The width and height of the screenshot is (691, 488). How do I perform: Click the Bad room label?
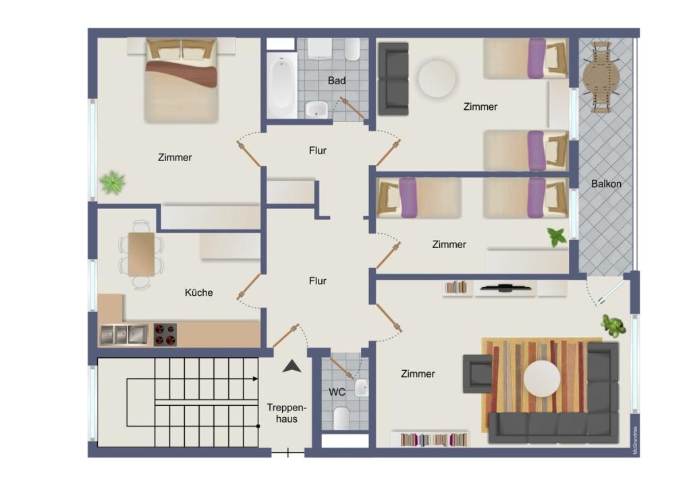pyautogui.click(x=337, y=80)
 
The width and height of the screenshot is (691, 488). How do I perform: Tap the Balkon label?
pyautogui.click(x=606, y=184)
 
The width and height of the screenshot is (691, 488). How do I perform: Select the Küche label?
pyautogui.click(x=199, y=293)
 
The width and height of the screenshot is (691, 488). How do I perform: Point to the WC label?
pyautogui.click(x=337, y=392)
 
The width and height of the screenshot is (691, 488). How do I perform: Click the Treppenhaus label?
pyautogui.click(x=286, y=413)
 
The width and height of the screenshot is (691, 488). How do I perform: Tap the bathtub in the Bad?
pyautogui.click(x=281, y=86)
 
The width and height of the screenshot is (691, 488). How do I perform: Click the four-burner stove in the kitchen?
pyautogui.click(x=165, y=334)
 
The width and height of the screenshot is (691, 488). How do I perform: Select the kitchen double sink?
pyautogui.click(x=124, y=335)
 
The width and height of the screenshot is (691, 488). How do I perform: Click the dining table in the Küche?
pyautogui.click(x=142, y=254)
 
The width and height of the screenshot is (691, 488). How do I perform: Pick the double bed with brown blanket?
pyautogui.click(x=181, y=80)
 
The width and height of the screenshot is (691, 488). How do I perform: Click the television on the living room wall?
pyautogui.click(x=505, y=288)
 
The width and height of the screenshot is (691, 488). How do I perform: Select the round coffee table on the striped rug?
pyautogui.click(x=542, y=378)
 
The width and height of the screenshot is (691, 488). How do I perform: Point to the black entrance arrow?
pyautogui.click(x=292, y=367)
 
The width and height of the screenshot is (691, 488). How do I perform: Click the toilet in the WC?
pyautogui.click(x=341, y=418)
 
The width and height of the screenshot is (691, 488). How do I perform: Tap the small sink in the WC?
pyautogui.click(x=362, y=387)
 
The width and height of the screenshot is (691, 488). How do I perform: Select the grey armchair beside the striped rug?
pyautogui.click(x=477, y=374)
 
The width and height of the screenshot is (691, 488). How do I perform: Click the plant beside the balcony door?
pyautogui.click(x=613, y=326)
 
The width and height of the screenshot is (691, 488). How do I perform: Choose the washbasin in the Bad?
pyautogui.click(x=316, y=109)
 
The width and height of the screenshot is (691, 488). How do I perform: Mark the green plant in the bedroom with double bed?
pyautogui.click(x=113, y=183)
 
